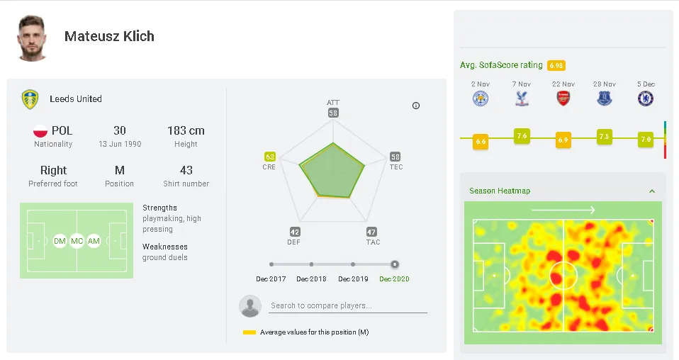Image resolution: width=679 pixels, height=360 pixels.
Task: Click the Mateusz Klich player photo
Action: point(33,38)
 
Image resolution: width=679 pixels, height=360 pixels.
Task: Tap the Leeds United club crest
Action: point(30,99)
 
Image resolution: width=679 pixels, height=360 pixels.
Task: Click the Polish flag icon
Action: point(40,131)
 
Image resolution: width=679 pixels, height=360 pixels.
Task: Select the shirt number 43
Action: point(186,170)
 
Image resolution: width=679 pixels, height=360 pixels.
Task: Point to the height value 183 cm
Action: point(186,130)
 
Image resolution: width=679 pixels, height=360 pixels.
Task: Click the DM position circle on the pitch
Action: point(60,242)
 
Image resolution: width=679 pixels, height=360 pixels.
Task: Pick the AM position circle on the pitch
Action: point(94,242)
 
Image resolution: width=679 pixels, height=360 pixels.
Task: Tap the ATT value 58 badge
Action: point(333,113)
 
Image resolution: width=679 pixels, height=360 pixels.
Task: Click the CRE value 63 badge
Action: point(269,157)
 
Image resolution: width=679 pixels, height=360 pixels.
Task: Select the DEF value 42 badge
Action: point(295,232)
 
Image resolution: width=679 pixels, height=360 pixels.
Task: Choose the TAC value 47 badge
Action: point(371,232)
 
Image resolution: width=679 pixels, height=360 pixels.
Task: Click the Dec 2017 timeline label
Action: point(271,279)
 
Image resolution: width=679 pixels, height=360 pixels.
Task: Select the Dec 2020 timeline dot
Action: point(395,264)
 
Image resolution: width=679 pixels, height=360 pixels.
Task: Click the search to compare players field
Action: point(347,306)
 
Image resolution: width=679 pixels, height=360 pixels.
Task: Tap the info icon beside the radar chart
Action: point(416,106)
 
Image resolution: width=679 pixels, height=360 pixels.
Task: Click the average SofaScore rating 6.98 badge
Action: point(556,65)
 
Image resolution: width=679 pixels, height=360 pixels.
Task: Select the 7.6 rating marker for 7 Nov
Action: point(522,136)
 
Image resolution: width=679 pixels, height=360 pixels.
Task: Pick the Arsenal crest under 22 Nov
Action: point(563,99)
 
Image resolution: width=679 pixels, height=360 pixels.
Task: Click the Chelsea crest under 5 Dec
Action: point(645,99)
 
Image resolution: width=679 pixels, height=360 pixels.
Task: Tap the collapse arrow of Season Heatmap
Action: point(652,191)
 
